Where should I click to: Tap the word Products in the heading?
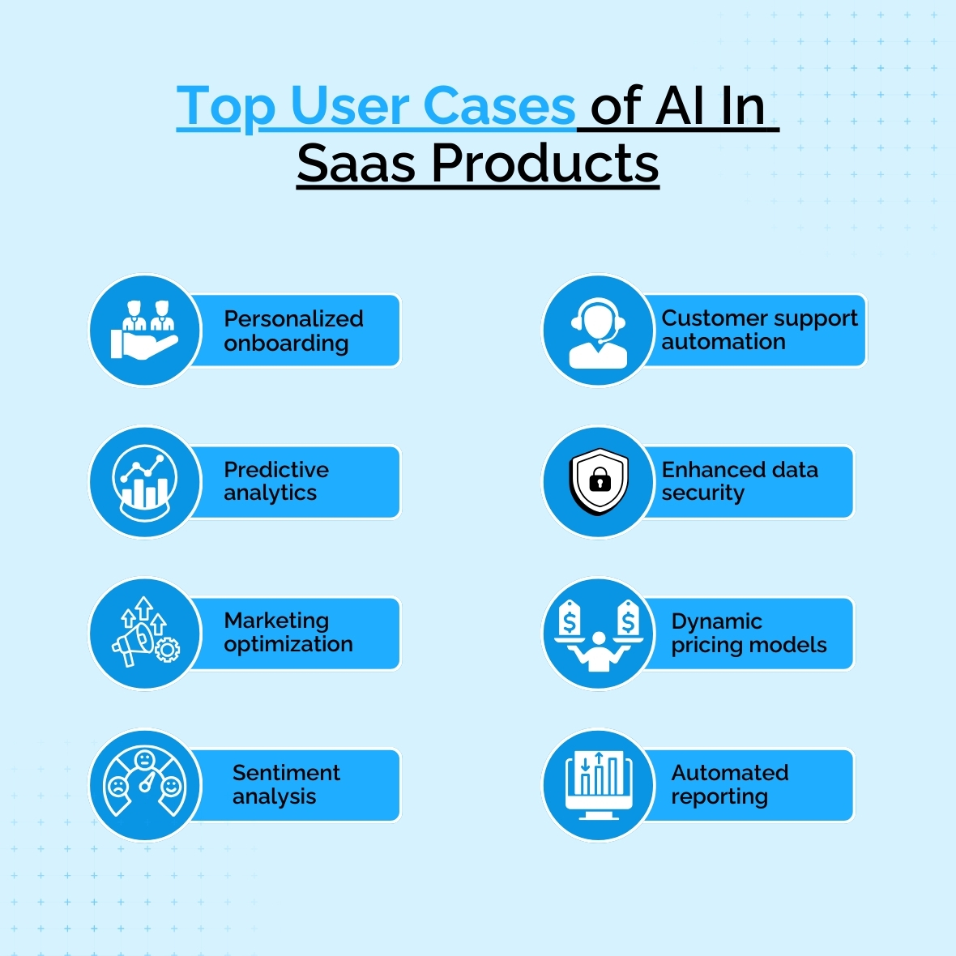(x=545, y=163)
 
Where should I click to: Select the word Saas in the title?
(x=356, y=163)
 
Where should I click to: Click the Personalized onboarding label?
(x=293, y=331)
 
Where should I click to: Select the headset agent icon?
(x=598, y=333)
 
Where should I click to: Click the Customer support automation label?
(x=759, y=329)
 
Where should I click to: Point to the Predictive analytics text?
(x=276, y=481)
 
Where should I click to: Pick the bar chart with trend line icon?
(x=145, y=483)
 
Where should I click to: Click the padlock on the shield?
(x=600, y=480)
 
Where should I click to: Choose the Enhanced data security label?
(x=740, y=481)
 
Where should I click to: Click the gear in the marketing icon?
(x=168, y=649)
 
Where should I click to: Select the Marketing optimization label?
(x=288, y=632)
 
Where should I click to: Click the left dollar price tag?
(x=569, y=618)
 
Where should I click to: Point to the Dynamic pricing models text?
(x=749, y=633)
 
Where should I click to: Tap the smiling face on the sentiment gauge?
(x=171, y=787)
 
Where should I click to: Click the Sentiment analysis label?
(x=286, y=785)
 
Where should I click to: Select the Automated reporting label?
(x=730, y=785)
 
